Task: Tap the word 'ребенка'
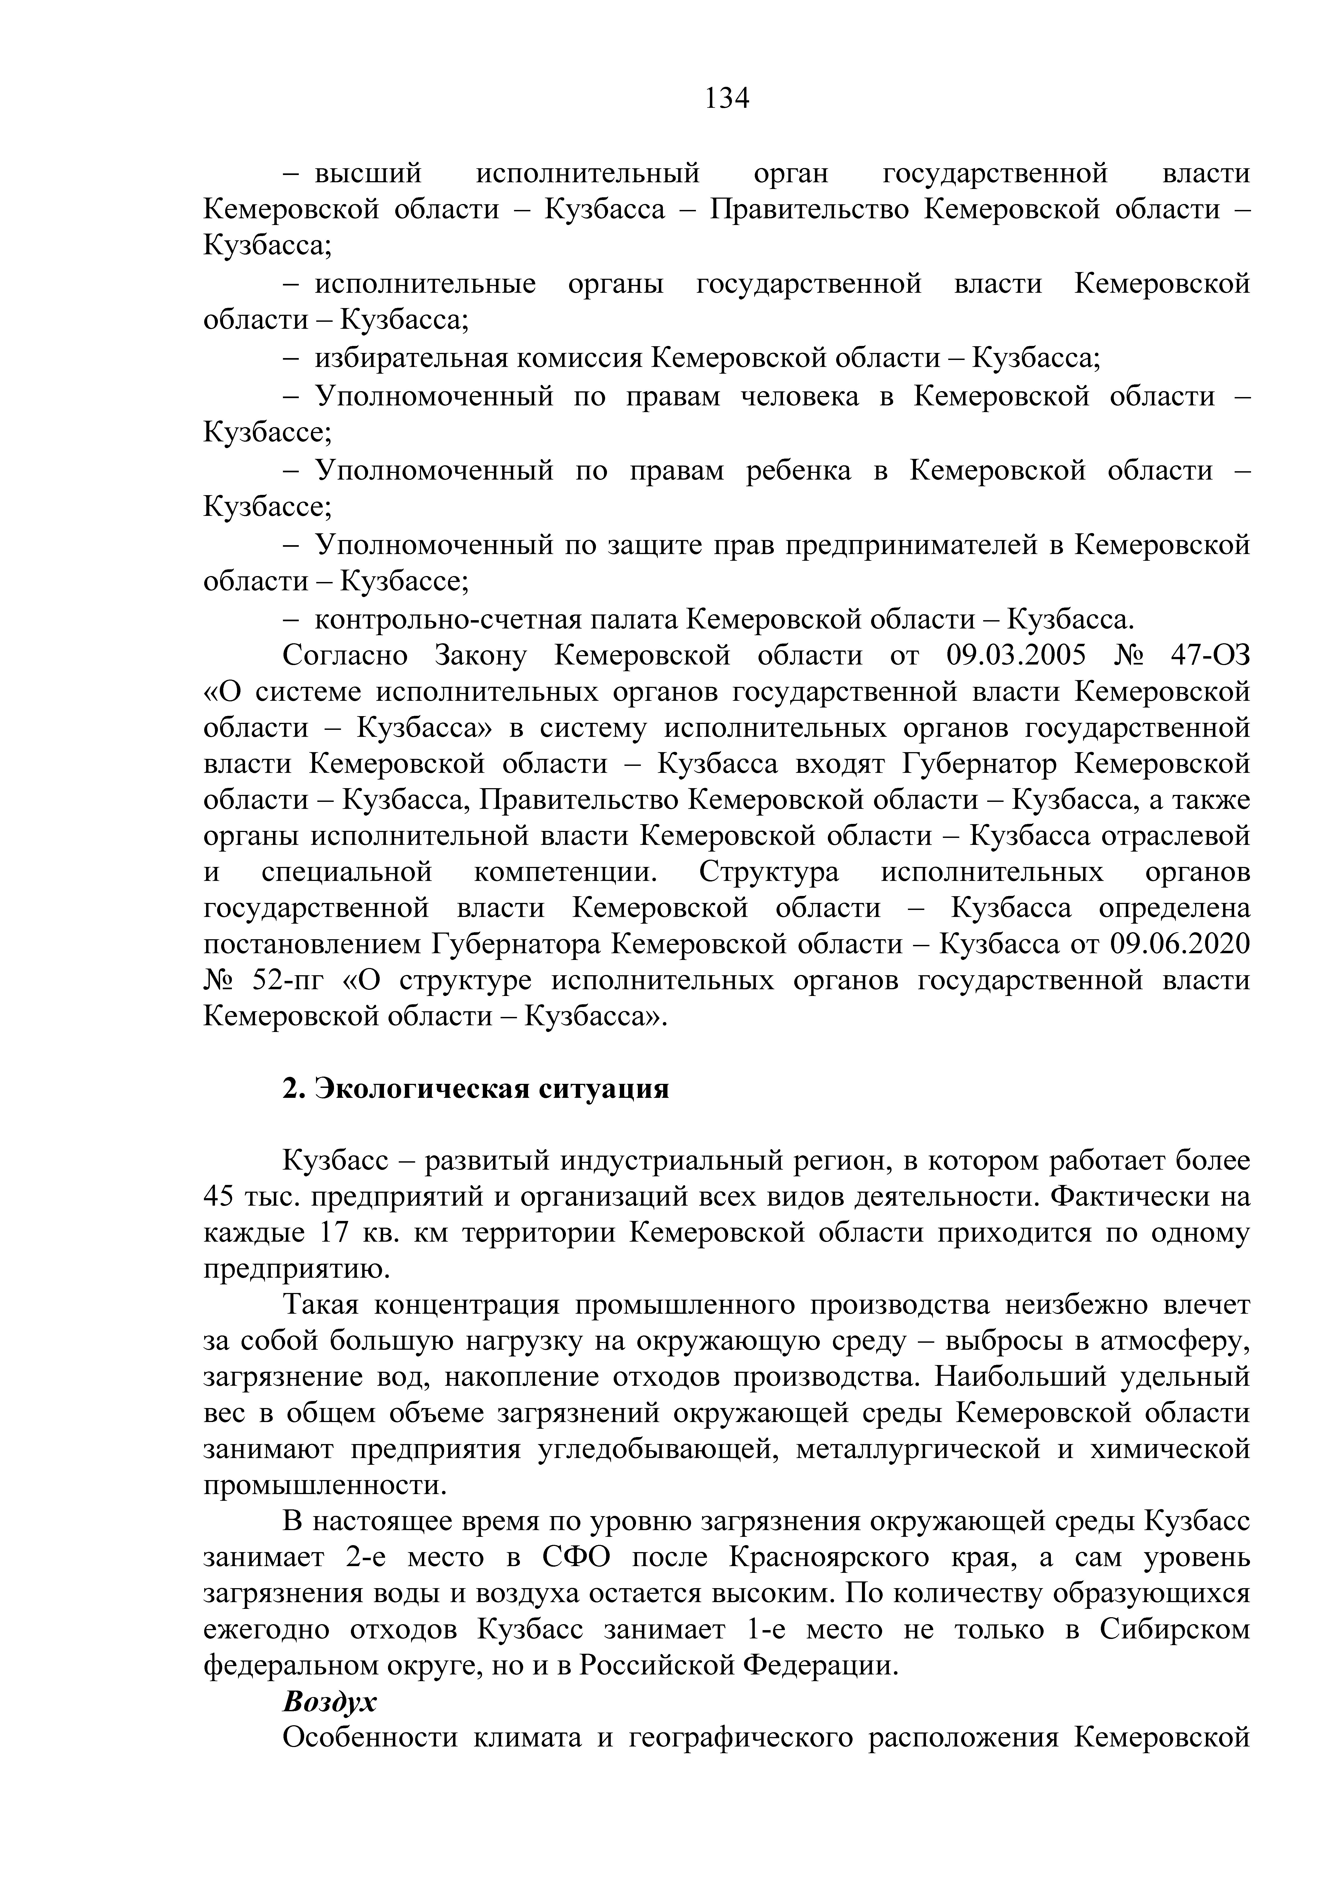pos(798,471)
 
